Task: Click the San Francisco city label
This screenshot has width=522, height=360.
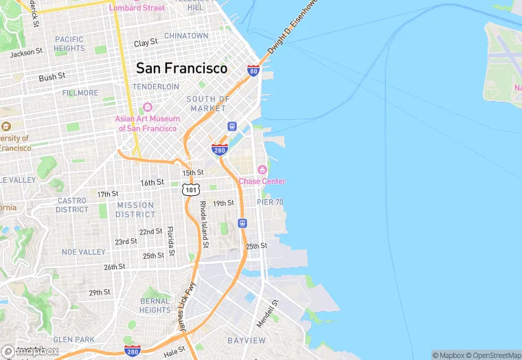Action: point(181,69)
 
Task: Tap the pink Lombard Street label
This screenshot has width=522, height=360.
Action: point(137,8)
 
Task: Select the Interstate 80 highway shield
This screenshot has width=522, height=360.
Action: point(253,70)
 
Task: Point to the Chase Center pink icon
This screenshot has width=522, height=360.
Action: point(261,170)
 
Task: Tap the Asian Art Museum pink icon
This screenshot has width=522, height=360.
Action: point(147,108)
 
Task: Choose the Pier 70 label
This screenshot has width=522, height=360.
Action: point(270,202)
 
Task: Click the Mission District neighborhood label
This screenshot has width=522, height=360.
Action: point(135,210)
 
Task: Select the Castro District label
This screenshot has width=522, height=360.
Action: point(71,205)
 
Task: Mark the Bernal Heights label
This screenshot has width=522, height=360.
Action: point(155,306)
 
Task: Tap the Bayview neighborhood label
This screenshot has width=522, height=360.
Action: point(247,341)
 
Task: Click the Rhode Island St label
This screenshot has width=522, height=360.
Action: point(203,221)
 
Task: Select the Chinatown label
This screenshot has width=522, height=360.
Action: point(186,36)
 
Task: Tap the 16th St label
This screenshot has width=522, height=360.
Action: point(152,183)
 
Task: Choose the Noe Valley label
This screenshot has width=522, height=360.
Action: point(84,252)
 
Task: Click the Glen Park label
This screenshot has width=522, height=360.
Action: point(74,339)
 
